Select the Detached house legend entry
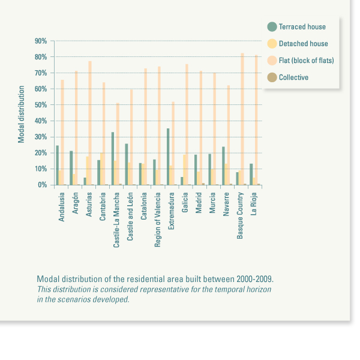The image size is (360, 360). click(x=303, y=44)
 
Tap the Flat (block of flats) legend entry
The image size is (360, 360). click(x=306, y=61)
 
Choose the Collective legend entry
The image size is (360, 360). click(x=293, y=77)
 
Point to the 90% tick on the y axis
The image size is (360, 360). click(x=41, y=41)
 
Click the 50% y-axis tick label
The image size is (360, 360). click(x=41, y=105)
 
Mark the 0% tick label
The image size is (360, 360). click(x=43, y=185)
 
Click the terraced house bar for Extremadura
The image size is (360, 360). click(x=168, y=157)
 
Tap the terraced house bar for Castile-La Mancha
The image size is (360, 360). click(x=113, y=158)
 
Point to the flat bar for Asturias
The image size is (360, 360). click(x=90, y=123)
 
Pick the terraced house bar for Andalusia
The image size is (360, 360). click(x=58, y=165)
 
